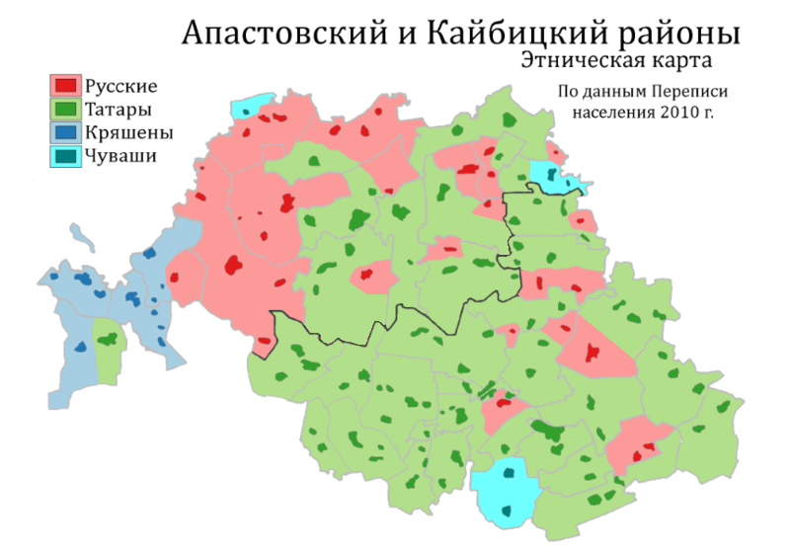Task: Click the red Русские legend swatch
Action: click(x=65, y=86)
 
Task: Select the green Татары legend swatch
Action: click(x=65, y=109)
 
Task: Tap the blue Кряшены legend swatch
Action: click(x=65, y=131)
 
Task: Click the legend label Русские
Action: click(x=121, y=86)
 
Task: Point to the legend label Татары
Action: click(x=118, y=109)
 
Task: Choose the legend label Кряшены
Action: click(x=129, y=131)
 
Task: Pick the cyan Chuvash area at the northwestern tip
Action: click(x=251, y=107)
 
